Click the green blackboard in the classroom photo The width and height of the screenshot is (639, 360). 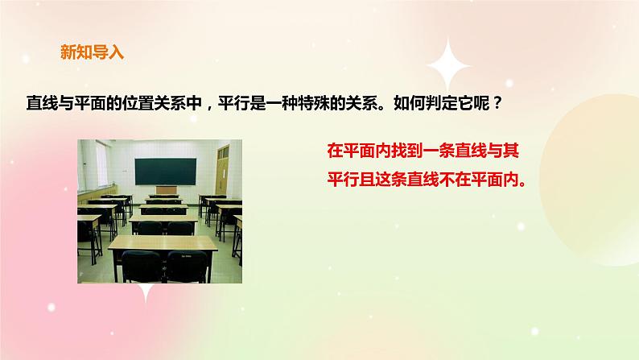pyautogui.click(x=165, y=170)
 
